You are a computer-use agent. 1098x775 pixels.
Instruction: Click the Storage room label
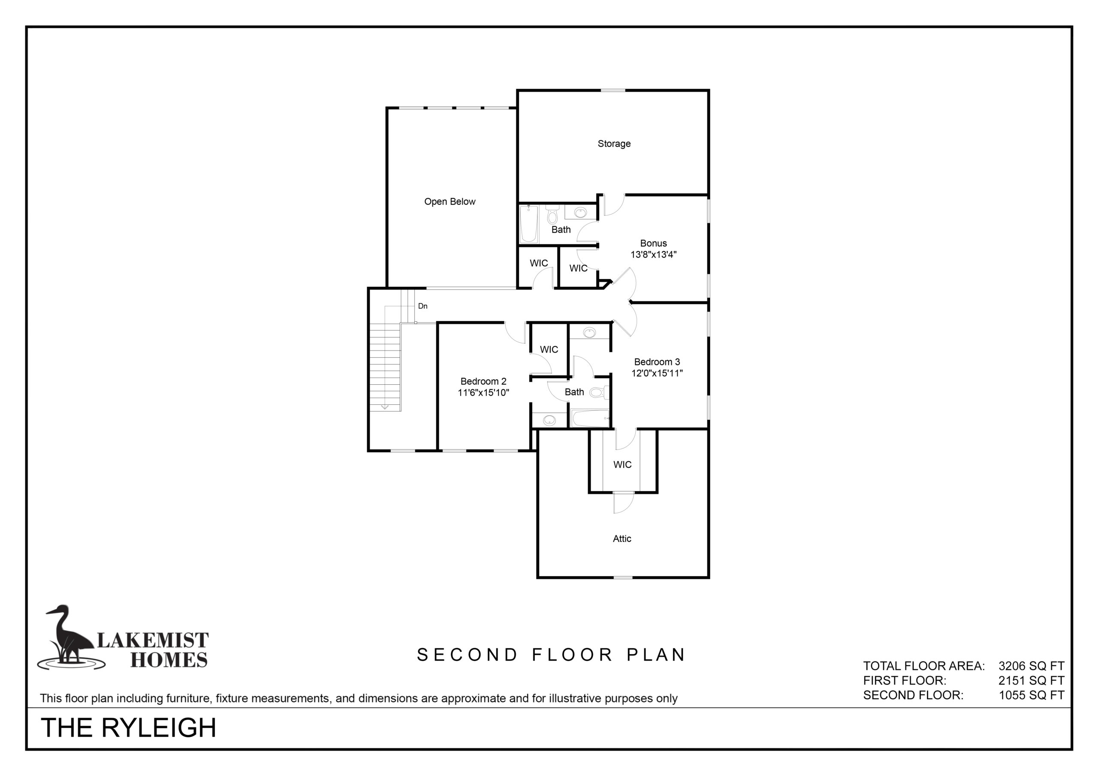pos(614,144)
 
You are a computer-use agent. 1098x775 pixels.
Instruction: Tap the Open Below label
pos(449,202)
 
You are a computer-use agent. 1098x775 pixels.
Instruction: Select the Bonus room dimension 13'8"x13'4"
pos(653,254)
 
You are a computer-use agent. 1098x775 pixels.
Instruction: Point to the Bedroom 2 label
pos(483,381)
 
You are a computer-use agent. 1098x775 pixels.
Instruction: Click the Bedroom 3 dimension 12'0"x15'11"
pos(657,373)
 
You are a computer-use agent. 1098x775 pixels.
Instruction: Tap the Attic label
pos(621,539)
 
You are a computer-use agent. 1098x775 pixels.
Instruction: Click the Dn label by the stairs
pos(423,306)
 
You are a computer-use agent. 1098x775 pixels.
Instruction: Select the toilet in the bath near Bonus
pos(552,215)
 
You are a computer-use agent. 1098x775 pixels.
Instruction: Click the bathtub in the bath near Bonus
pos(529,224)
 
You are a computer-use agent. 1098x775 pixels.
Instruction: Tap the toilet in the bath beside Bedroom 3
pos(599,392)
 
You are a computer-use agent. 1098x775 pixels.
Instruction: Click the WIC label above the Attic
pos(622,464)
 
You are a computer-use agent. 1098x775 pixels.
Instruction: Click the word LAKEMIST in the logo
pos(153,640)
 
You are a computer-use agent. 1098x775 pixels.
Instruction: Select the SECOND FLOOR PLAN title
pos(551,655)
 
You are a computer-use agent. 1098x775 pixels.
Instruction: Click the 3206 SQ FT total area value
pos(1032,666)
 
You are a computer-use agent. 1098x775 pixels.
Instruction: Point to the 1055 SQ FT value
pos(1032,695)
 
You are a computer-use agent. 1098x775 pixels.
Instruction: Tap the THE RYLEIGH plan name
pos(129,728)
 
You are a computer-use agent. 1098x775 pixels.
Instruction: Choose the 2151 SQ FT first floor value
pos(1032,680)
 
